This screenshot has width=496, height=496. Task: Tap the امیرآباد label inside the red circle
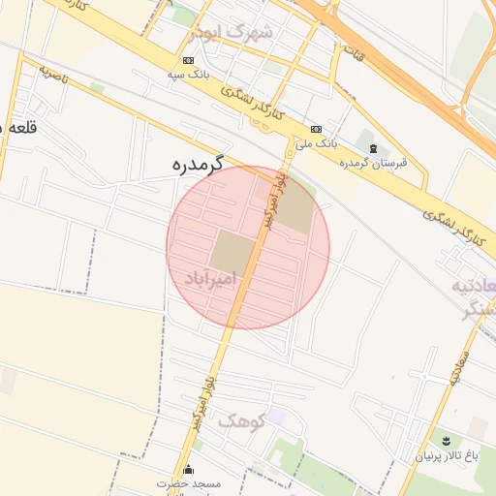pyautogui.click(x=210, y=279)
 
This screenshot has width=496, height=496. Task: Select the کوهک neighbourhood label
pyautogui.click(x=240, y=420)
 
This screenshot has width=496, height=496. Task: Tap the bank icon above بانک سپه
pyautogui.click(x=188, y=60)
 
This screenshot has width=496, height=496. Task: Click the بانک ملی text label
pyautogui.click(x=317, y=142)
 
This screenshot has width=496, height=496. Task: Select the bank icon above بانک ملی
pyautogui.click(x=317, y=129)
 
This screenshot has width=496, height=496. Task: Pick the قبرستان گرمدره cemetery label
pyautogui.click(x=373, y=162)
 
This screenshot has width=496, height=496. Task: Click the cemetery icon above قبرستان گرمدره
pyautogui.click(x=373, y=147)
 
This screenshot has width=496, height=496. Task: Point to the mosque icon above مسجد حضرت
pyautogui.click(x=189, y=470)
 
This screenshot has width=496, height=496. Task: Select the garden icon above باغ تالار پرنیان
pyautogui.click(x=447, y=441)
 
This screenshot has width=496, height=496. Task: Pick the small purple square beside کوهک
pyautogui.click(x=276, y=416)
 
